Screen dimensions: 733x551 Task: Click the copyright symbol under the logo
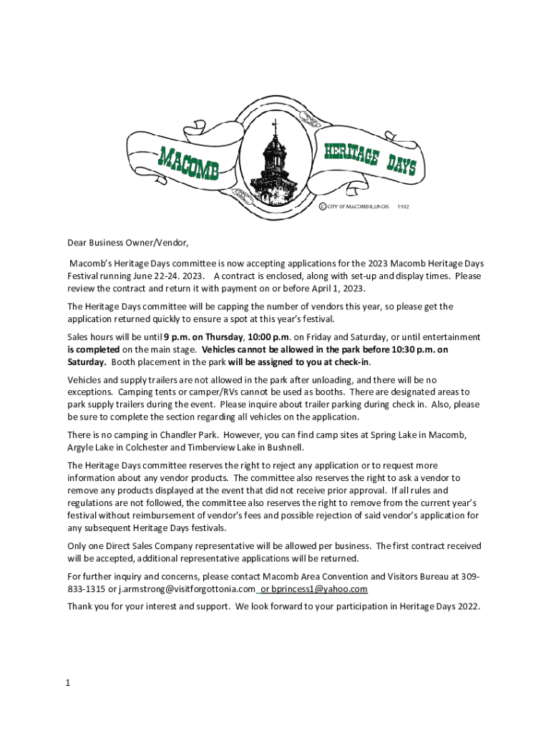pyautogui.click(x=322, y=206)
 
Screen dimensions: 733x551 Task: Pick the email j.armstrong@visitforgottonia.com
pyautogui.click(x=185, y=588)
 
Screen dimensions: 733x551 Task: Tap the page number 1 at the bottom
pyautogui.click(x=67, y=683)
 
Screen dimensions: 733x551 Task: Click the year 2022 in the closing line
pyautogui.click(x=469, y=606)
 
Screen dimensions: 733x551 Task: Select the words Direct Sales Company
pyautogui.click(x=147, y=546)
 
